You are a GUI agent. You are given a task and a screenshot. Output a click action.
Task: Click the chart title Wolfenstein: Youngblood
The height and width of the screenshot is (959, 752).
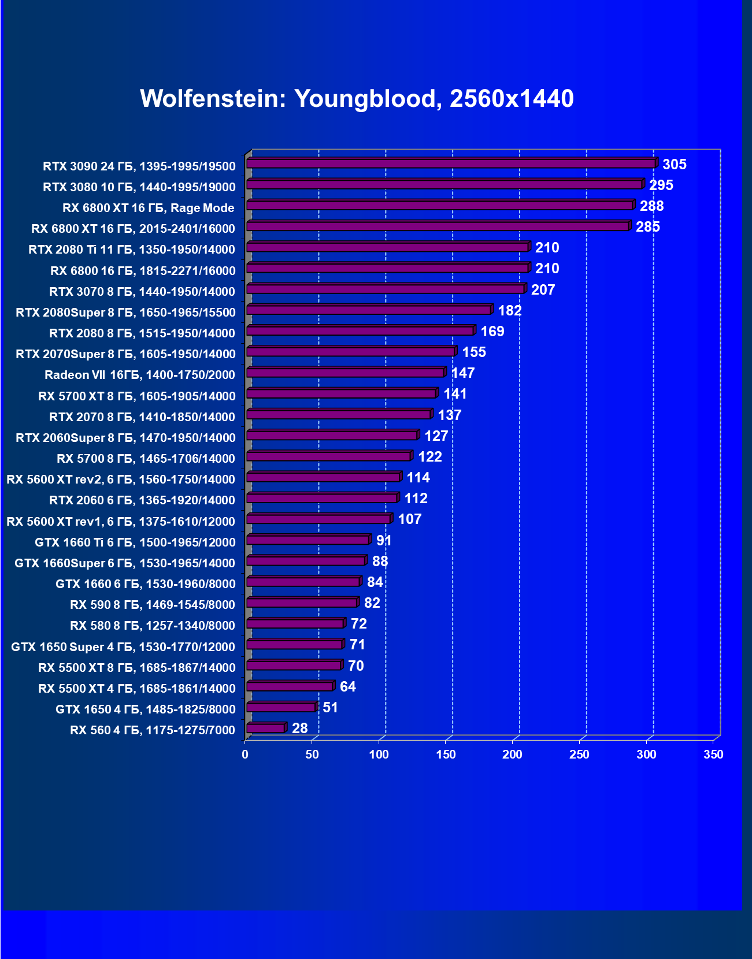pyautogui.click(x=357, y=99)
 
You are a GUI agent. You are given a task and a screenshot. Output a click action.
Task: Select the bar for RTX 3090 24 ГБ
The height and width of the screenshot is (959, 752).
pyautogui.click(x=451, y=164)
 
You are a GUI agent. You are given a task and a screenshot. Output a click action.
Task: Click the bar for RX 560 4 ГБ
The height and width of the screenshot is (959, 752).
pyautogui.click(x=266, y=728)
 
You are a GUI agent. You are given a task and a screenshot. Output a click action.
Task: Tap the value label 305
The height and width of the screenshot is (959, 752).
pyautogui.click(x=674, y=165)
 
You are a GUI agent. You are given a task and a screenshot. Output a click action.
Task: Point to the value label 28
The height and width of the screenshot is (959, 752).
pyautogui.click(x=299, y=728)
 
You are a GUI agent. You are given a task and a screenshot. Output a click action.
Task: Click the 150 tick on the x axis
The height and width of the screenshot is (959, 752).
pyautogui.click(x=446, y=754)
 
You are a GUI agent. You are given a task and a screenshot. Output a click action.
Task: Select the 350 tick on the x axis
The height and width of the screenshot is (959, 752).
pyautogui.click(x=713, y=754)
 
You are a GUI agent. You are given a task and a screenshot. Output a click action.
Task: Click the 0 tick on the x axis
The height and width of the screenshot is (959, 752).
pyautogui.click(x=245, y=754)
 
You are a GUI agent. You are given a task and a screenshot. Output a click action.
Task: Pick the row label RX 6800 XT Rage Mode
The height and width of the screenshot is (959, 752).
pyautogui.click(x=148, y=208)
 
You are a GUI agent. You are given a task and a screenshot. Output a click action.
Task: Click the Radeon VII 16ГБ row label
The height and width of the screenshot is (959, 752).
pyautogui.click(x=139, y=375)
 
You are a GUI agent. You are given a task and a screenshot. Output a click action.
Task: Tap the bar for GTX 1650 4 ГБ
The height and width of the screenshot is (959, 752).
pyautogui.click(x=281, y=708)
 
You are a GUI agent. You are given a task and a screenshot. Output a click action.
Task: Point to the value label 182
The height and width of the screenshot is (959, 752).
pyautogui.click(x=509, y=311)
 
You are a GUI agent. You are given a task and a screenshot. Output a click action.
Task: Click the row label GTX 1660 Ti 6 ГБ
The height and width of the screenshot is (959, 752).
pyautogui.click(x=135, y=542)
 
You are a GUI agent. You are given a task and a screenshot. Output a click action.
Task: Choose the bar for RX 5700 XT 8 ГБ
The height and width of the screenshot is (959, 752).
pyautogui.click(x=341, y=394)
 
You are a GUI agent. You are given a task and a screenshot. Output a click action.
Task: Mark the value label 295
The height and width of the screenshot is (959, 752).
pyautogui.click(x=661, y=185)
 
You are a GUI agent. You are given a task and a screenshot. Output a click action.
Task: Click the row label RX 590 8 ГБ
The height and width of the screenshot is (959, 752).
pyautogui.click(x=152, y=605)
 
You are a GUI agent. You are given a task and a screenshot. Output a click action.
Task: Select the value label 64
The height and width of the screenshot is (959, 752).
pyautogui.click(x=347, y=687)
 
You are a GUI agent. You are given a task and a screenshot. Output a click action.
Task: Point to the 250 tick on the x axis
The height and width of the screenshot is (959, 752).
pyautogui.click(x=579, y=754)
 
